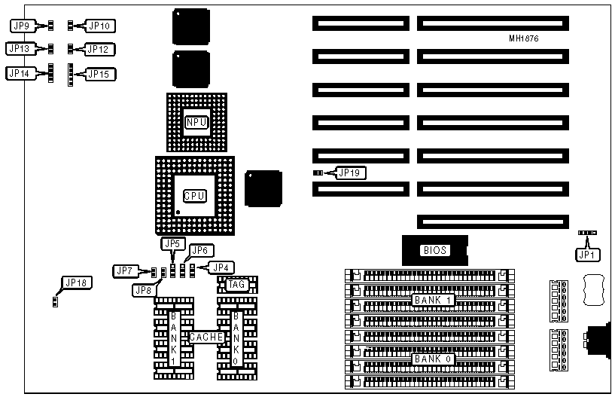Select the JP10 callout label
click(100, 26)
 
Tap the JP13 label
click(18, 49)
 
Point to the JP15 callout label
click(100, 74)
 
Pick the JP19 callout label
click(352, 173)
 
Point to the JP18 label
click(75, 283)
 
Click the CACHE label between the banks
click(206, 337)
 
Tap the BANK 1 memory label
click(432, 300)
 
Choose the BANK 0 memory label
click(432, 359)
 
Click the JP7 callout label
click(125, 270)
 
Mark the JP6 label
click(199, 250)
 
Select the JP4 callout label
click(221, 267)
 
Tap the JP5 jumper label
click(172, 243)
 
